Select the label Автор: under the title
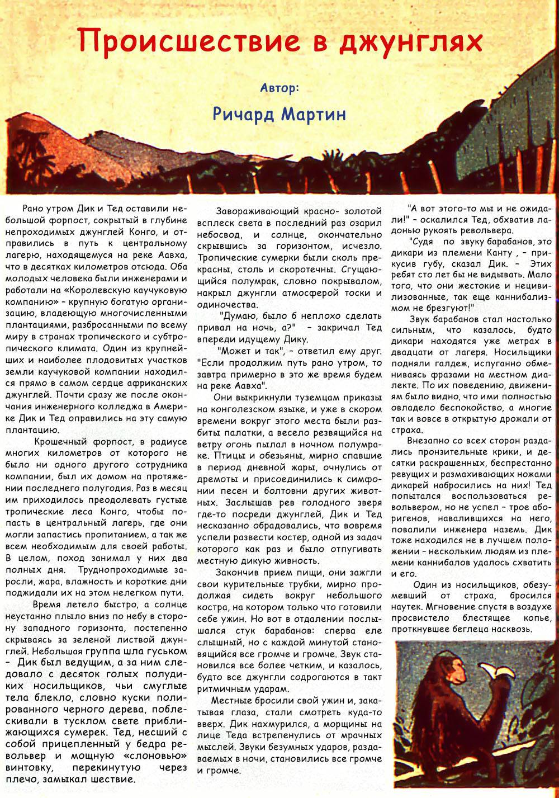(x=279, y=88)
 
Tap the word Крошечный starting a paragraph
(x=55, y=441)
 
